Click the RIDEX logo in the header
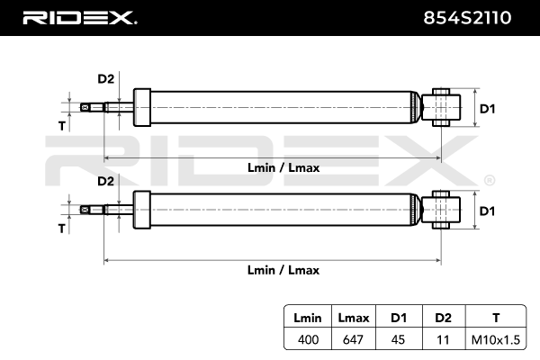(x=79, y=16)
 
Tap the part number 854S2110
(x=478, y=16)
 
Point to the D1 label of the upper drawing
(x=487, y=109)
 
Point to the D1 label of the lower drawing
(x=487, y=211)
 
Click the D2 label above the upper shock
(x=105, y=79)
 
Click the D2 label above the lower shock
(x=105, y=181)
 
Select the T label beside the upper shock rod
(x=62, y=126)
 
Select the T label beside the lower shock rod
(x=62, y=229)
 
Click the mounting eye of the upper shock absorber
(x=443, y=108)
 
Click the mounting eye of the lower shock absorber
(x=443, y=210)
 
